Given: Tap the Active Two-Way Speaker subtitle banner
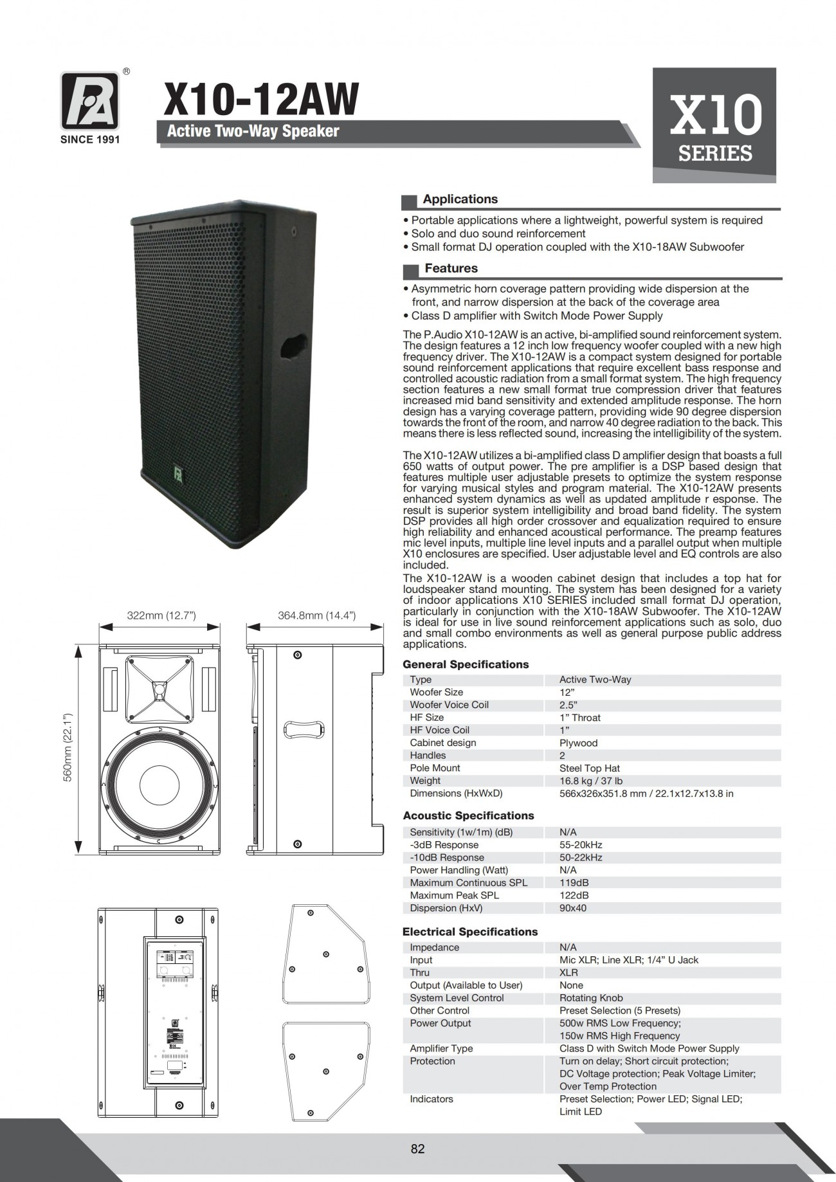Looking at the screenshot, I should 253,131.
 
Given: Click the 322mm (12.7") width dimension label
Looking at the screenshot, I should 161,615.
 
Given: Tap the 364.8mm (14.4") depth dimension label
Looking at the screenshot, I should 316,615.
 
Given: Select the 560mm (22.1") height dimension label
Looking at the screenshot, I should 67,747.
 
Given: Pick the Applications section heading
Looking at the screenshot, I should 460,199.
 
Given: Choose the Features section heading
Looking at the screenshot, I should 451,268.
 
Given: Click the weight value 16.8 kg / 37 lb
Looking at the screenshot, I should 590,781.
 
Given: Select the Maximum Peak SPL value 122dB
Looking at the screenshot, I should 574,895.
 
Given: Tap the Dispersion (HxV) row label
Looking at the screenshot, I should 446,908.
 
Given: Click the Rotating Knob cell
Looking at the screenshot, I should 590,998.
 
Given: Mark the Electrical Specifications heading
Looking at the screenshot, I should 469,932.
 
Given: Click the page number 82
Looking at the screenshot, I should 417,1149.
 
